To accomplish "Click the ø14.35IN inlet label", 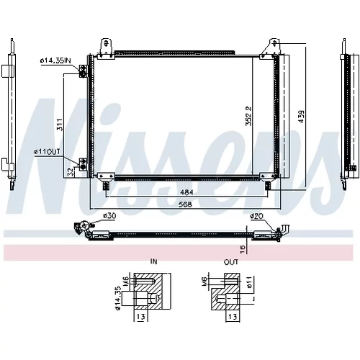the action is pos(55,60).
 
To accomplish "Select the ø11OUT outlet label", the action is pos(47,151).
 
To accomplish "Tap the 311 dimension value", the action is pos(60,125).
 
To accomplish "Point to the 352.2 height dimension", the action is pos(248,116).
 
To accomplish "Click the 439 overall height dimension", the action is pos(301,117).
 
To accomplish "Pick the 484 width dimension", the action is pos(186,192).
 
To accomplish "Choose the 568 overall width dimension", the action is pos(186,204).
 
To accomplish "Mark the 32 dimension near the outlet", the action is pos(70,172).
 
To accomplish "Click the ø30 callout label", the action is pos(109,216).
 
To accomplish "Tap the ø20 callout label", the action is pos(256,216).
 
